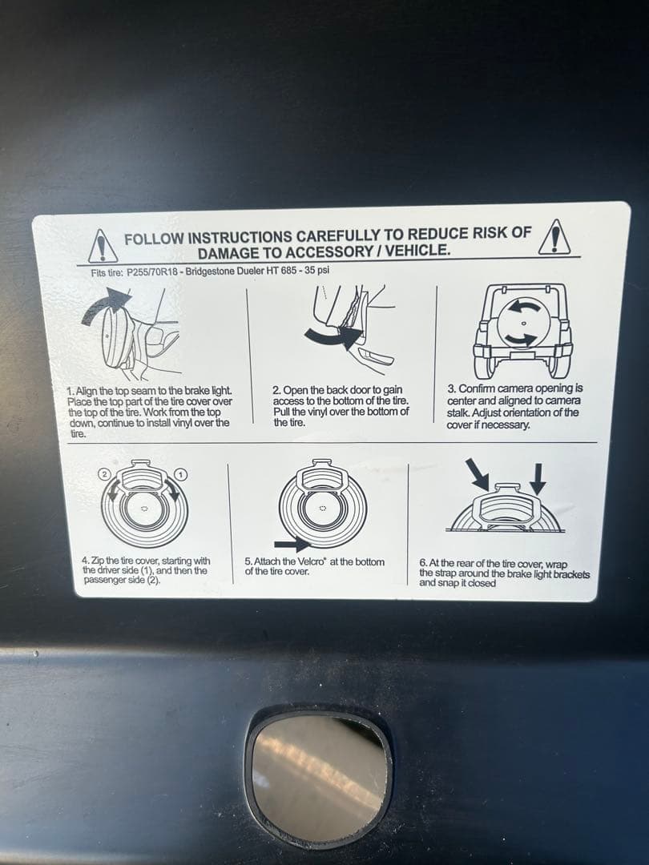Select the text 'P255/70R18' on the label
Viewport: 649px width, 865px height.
pos(151,272)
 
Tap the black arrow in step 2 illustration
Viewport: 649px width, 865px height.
pos(333,335)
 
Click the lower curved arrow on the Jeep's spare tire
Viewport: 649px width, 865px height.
pos(522,338)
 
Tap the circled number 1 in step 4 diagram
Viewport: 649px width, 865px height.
pos(181,474)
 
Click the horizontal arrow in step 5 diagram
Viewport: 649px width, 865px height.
pos(292,544)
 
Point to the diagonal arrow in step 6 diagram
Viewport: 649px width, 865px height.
pos(477,474)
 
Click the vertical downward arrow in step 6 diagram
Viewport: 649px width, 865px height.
pos(538,479)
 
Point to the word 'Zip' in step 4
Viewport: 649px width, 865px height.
pos(97,561)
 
